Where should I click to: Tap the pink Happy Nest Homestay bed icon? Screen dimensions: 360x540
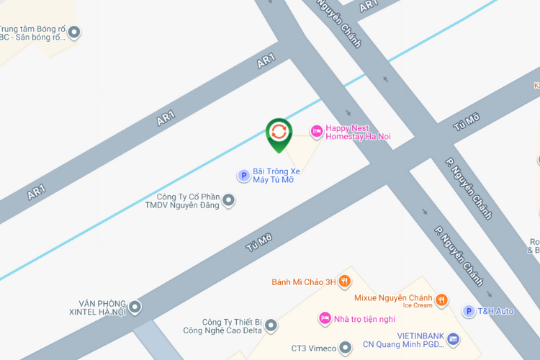click(x=315, y=131)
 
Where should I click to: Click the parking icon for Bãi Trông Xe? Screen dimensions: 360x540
click(x=243, y=175)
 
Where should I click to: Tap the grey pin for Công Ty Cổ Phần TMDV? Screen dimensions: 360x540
click(x=229, y=201)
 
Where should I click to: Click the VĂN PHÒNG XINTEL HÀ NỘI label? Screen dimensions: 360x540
click(x=102, y=307)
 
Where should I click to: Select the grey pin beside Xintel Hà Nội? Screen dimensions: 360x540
click(x=135, y=307)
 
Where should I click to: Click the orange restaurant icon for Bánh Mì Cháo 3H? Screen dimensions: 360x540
click(x=345, y=282)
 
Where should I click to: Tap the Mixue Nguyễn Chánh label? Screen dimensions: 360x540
click(x=393, y=298)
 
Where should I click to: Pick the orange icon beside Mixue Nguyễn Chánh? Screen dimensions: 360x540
click(x=442, y=300)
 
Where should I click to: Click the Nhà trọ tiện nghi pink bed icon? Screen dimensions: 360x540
click(x=325, y=318)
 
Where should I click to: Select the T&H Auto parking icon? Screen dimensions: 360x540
click(x=469, y=311)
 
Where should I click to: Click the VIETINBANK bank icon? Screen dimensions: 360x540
click(x=453, y=338)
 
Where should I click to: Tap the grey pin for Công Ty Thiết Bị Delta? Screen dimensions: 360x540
click(x=271, y=326)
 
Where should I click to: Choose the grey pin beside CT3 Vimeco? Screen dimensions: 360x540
click(x=346, y=348)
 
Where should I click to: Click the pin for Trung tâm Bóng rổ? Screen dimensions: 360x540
click(x=74, y=32)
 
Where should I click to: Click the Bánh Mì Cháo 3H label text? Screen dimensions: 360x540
click(x=304, y=282)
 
